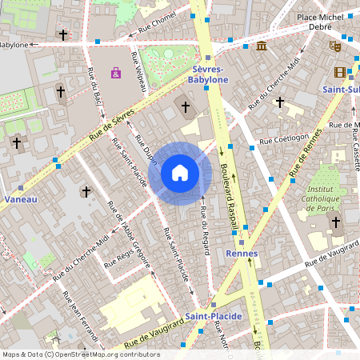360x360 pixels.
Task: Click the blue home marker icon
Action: pos(180,173)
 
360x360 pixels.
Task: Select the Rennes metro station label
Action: pos(242,253)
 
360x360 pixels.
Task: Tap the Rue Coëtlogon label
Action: pos(283,137)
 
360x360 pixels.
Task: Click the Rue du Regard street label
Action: pos(205,229)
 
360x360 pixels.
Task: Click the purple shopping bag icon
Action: pos(117,73)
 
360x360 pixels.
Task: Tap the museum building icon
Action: pos(262,45)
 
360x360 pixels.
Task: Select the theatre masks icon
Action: pos(335,46)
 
